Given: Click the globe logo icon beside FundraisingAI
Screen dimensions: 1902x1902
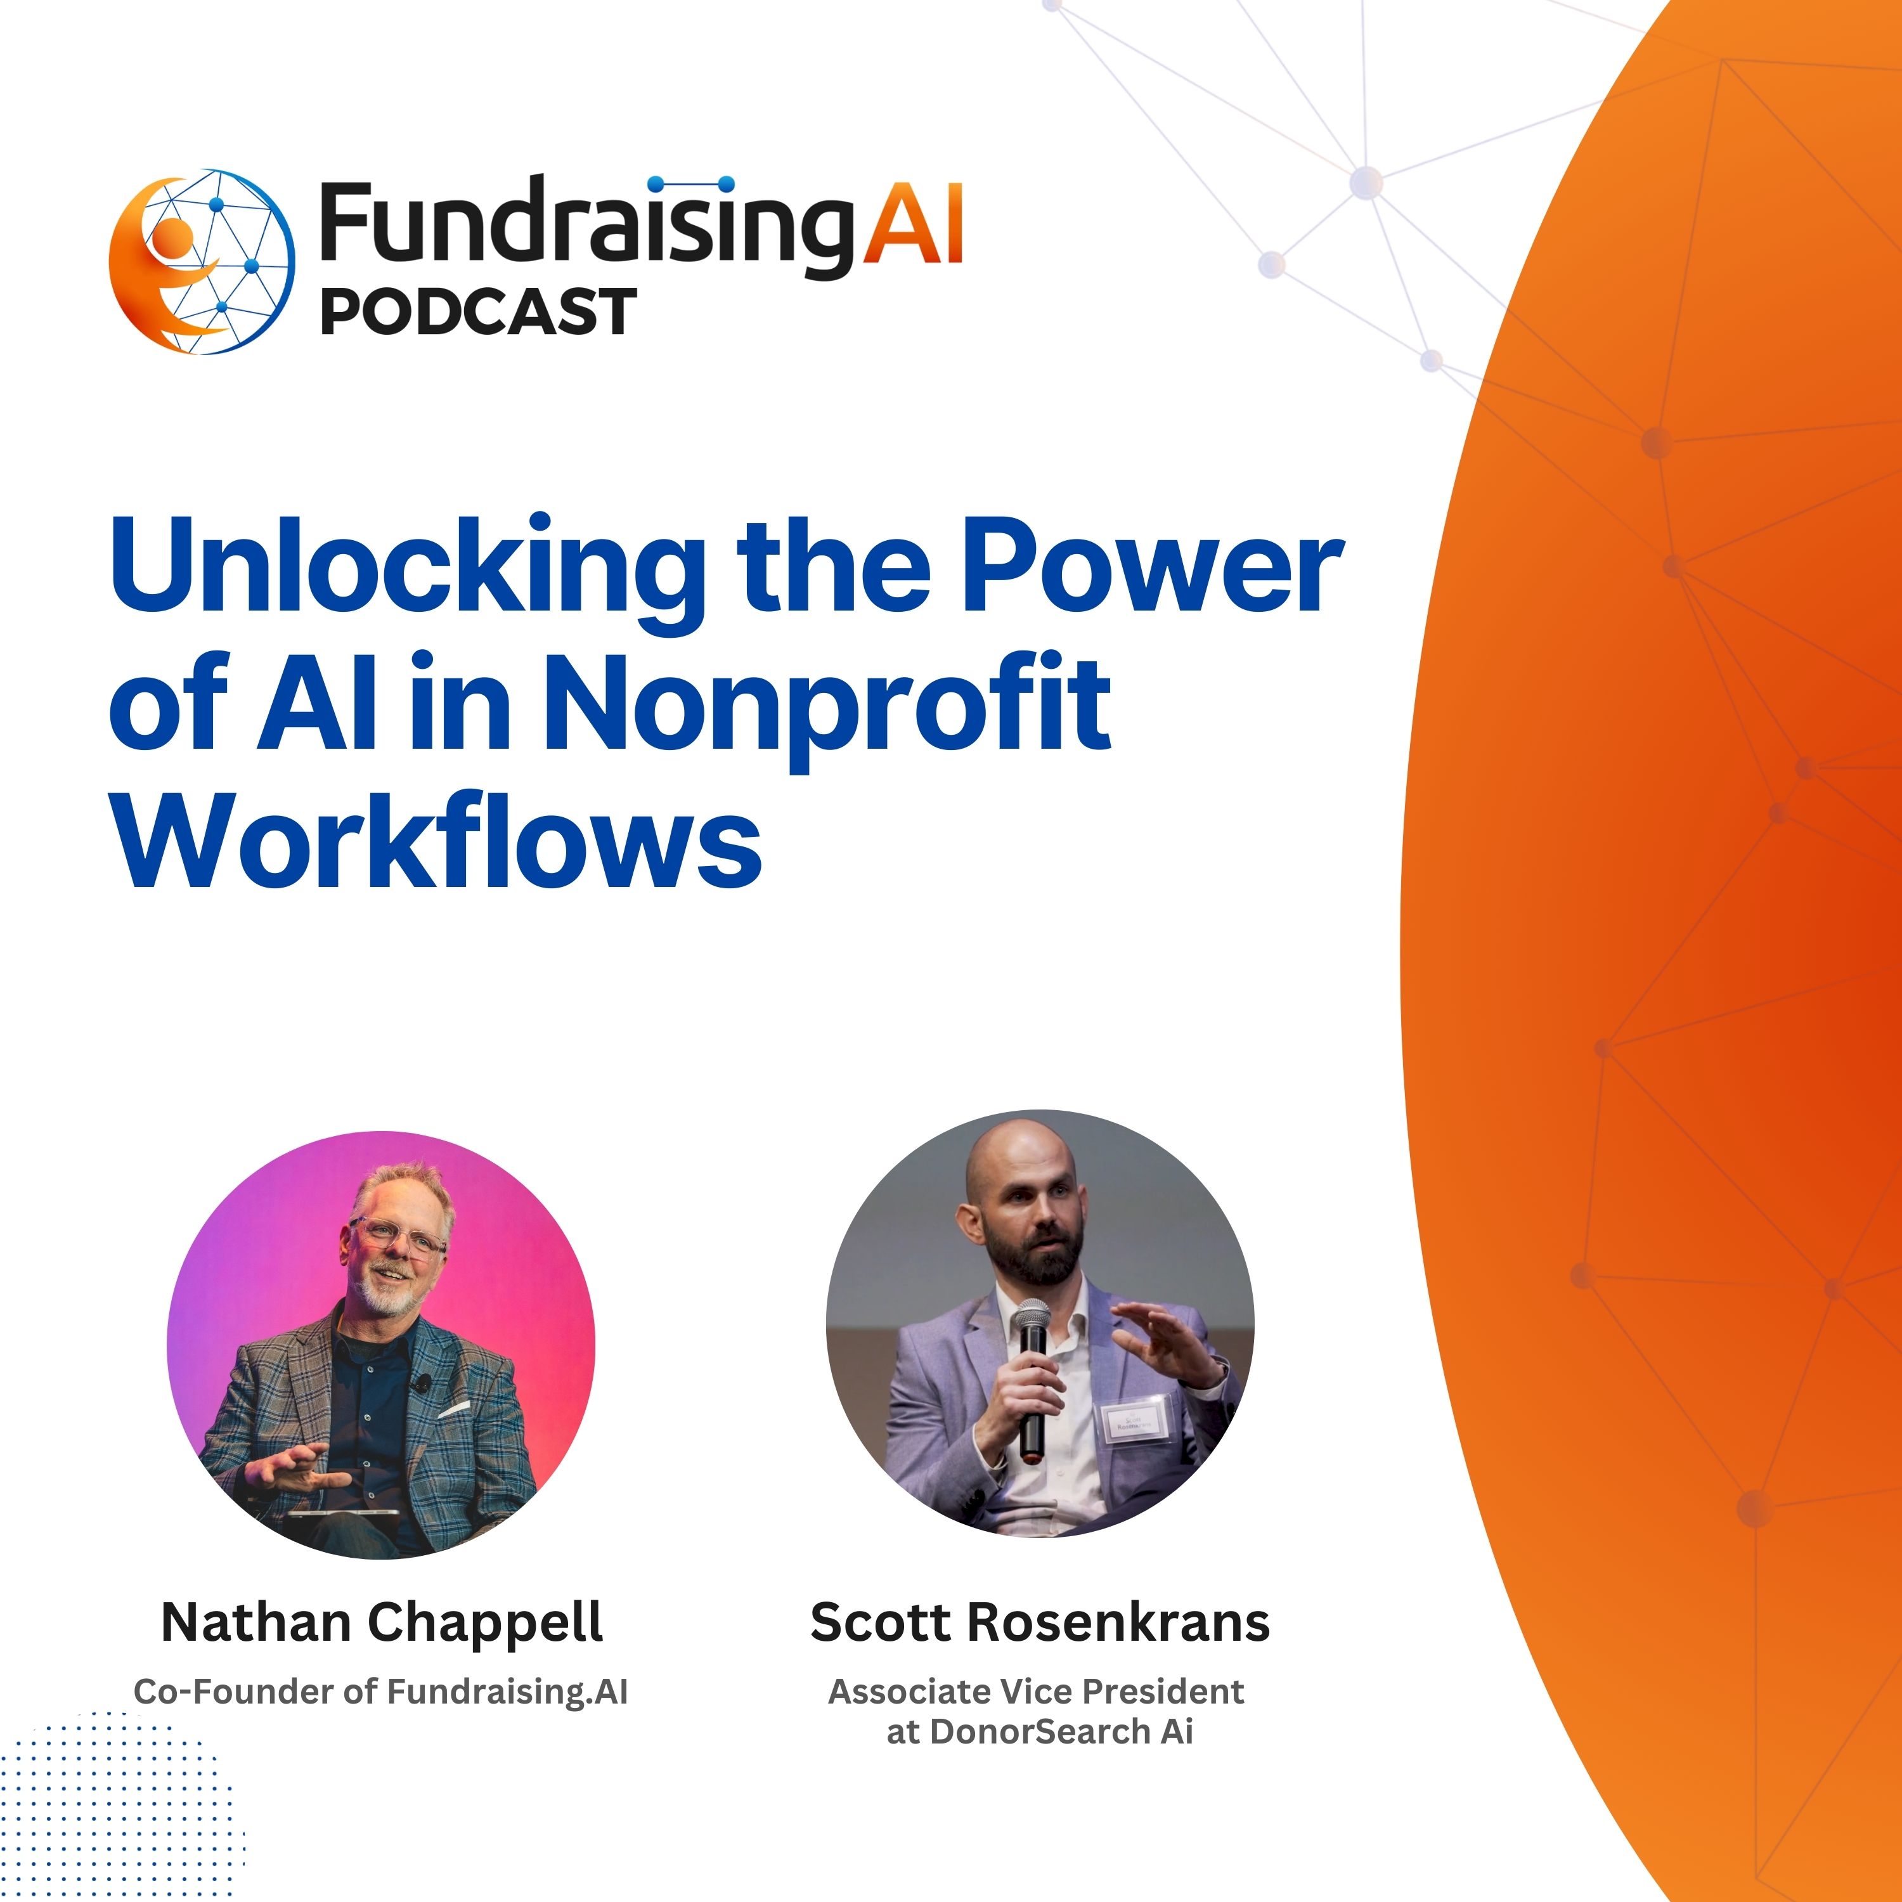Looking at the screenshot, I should coord(202,262).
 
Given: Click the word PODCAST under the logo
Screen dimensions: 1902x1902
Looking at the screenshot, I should coord(479,312).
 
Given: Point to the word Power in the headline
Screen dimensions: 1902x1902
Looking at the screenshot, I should coord(1152,568).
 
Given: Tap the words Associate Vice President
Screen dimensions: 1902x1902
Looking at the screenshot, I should coord(1036,1692).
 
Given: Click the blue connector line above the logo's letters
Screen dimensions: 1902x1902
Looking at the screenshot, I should coord(693,184).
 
